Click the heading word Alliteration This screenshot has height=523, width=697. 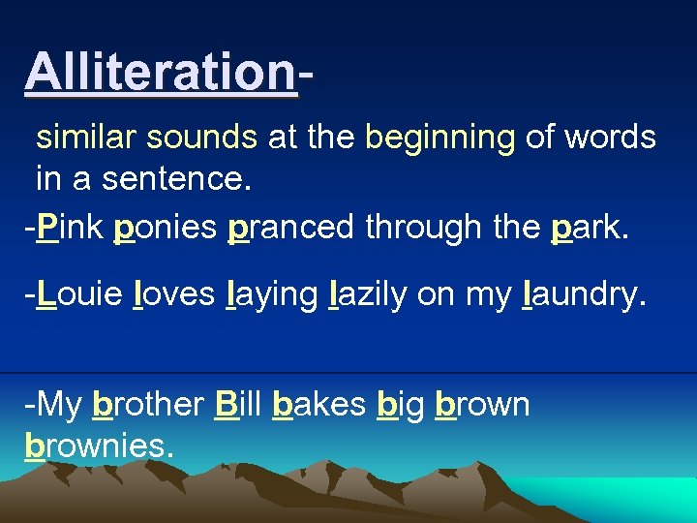[x=160, y=72]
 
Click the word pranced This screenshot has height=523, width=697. [x=292, y=227]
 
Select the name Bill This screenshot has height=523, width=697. [x=238, y=404]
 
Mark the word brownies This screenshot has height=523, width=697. [x=99, y=446]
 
